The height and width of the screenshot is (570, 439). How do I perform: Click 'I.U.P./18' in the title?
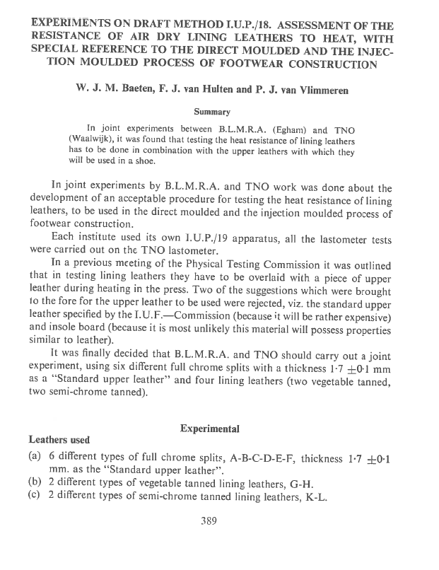(x=221, y=22)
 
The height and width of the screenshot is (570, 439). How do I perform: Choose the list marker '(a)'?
(x=35, y=458)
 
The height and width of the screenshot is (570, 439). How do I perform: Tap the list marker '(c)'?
(x=35, y=496)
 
